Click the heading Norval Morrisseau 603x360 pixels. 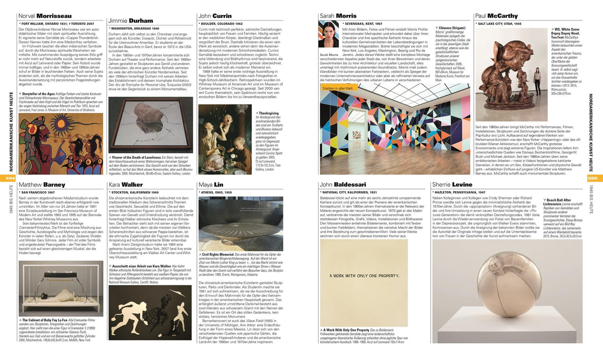45,16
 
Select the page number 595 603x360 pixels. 593,178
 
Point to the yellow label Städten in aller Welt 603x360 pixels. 338,88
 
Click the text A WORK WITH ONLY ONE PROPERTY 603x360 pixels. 364,276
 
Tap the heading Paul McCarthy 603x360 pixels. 496,16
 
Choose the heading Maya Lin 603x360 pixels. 211,185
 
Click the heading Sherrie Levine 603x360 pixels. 452,185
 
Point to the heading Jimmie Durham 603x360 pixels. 130,20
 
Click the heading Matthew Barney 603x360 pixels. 42,185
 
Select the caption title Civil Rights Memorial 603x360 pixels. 217,254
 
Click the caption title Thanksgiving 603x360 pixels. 268,113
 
